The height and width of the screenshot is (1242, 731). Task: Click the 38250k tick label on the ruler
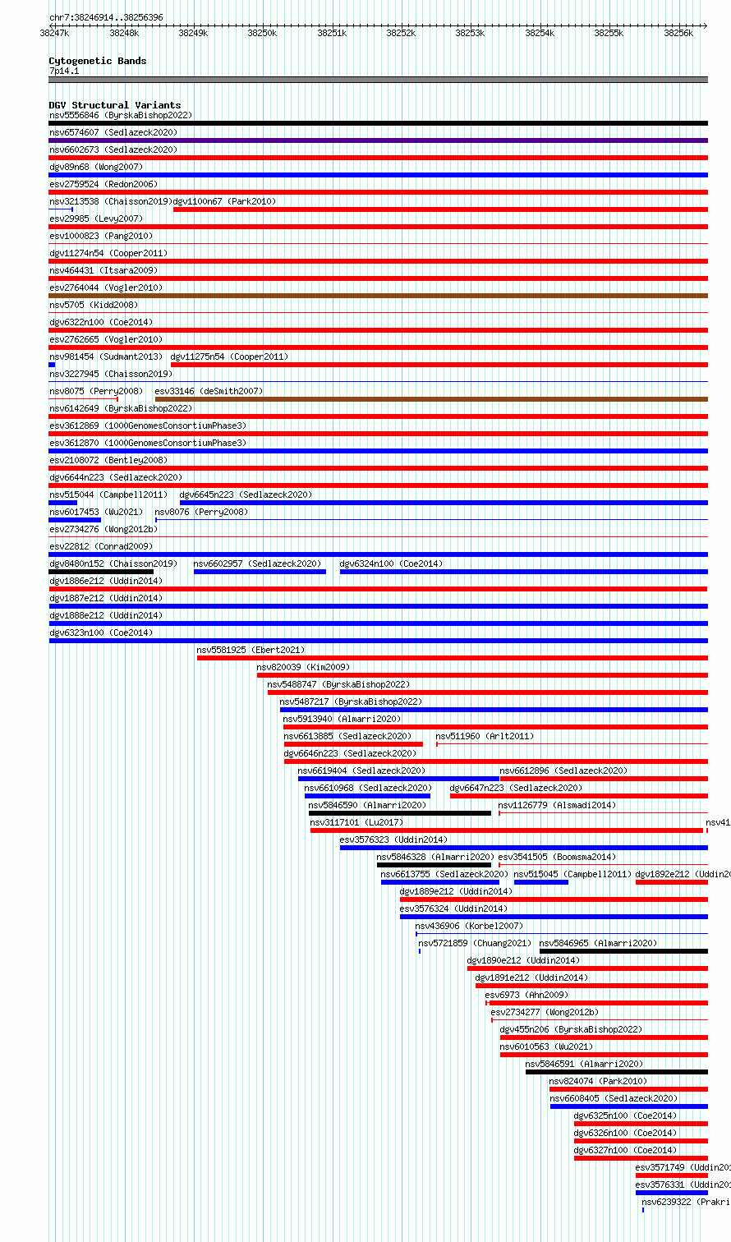pos(262,33)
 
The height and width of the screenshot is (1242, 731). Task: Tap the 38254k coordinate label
pos(540,33)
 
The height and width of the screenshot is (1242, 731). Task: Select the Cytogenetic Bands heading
pos(97,61)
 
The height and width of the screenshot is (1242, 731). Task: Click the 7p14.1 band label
pos(64,71)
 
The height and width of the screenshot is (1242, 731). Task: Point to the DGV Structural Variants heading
pos(114,105)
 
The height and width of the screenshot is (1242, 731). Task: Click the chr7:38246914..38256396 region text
pos(106,17)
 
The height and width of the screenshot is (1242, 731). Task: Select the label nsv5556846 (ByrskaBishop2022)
pos(120,115)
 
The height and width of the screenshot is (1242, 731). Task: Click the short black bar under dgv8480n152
pos(100,572)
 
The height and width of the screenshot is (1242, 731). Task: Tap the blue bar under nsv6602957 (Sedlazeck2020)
pos(260,572)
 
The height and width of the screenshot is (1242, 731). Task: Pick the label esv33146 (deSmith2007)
pos(209,391)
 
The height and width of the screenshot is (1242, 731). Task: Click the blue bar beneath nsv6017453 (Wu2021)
pos(74,520)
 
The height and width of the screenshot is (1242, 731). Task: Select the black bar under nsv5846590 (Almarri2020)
pos(399,813)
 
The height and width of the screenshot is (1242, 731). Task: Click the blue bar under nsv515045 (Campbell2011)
pos(540,882)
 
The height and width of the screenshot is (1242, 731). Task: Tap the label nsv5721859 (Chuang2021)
pos(475,943)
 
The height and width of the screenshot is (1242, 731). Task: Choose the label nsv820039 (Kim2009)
pos(302,667)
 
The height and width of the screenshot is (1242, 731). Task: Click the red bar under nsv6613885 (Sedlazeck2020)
pos(353,744)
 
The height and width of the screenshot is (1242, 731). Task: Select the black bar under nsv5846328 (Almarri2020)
pos(434,865)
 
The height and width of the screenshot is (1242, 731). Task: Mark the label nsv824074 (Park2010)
pos(598,1081)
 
